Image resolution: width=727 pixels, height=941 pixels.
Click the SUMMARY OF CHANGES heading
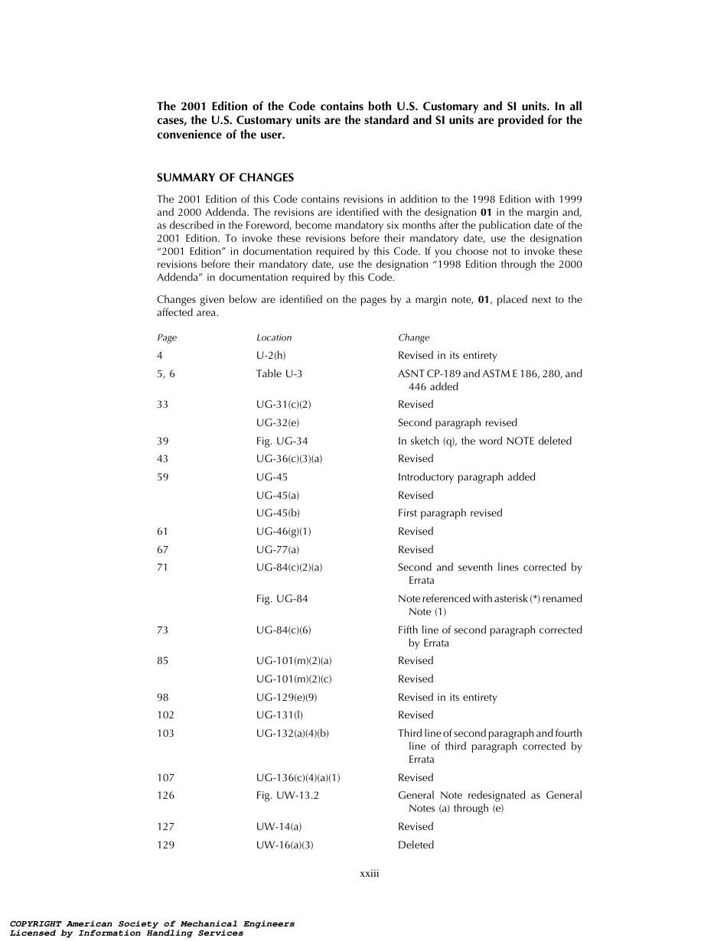(x=225, y=177)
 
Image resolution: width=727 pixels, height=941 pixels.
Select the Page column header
(x=166, y=337)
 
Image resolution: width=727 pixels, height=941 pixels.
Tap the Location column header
(x=274, y=337)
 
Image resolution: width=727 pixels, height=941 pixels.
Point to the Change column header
(x=413, y=337)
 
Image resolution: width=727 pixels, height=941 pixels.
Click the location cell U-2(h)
(x=271, y=355)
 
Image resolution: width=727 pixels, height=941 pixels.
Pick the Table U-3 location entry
(x=279, y=373)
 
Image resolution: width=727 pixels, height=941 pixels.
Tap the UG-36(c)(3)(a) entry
(x=289, y=458)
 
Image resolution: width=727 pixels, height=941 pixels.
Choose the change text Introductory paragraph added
(x=466, y=477)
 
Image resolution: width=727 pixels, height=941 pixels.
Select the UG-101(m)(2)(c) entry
(x=294, y=679)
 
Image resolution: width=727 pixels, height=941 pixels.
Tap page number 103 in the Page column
(x=165, y=733)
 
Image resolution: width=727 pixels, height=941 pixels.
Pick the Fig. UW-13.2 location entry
(x=285, y=795)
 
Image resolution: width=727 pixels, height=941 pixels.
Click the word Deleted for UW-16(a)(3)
(x=416, y=845)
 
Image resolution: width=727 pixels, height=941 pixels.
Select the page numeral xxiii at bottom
(x=370, y=874)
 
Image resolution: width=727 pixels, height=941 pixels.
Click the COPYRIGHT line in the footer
(x=152, y=923)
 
